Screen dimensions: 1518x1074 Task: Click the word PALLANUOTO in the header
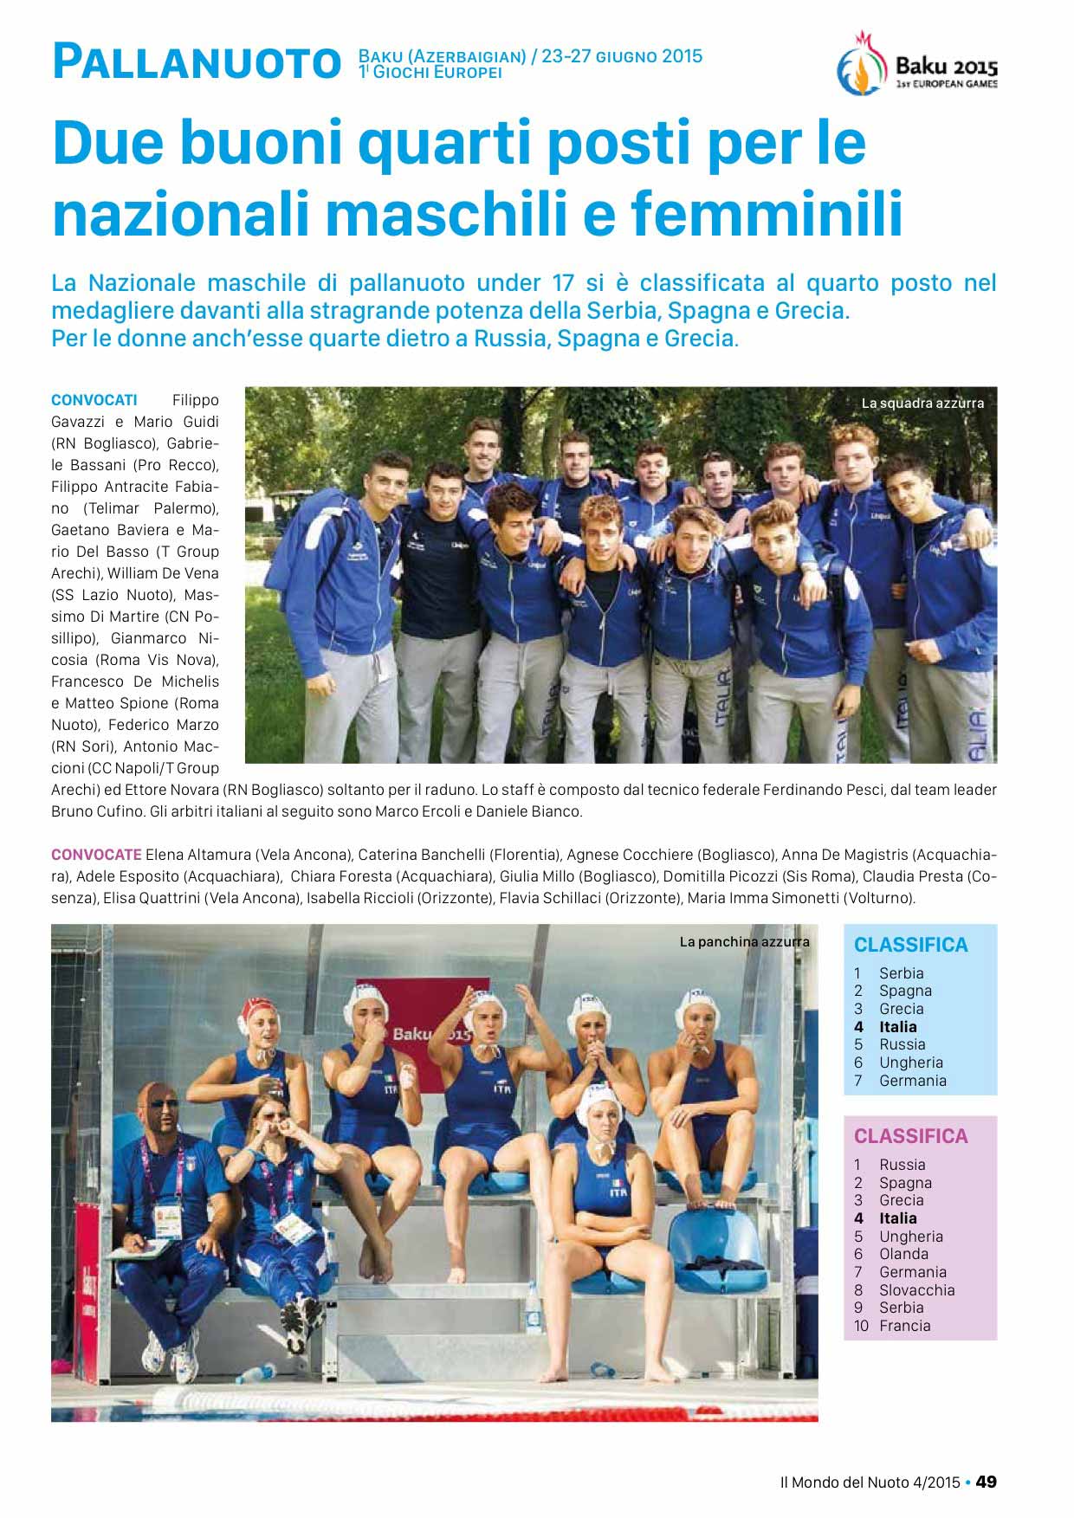[196, 63]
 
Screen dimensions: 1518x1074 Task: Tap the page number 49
[986, 1482]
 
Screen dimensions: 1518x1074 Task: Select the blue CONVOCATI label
[94, 400]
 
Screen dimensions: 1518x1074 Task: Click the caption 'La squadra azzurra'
[922, 403]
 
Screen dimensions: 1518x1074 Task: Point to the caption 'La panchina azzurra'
[744, 941]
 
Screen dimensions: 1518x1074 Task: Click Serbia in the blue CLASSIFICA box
[901, 973]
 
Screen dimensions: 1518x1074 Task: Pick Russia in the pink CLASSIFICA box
[902, 1165]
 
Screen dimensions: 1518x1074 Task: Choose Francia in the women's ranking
[904, 1326]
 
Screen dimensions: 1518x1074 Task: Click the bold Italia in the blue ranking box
[897, 1027]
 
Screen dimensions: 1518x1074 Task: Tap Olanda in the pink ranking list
[903, 1254]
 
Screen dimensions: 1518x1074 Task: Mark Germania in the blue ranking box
[912, 1081]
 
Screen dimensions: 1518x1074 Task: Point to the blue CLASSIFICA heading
[910, 945]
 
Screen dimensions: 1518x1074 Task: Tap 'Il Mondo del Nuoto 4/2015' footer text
[870, 1482]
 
